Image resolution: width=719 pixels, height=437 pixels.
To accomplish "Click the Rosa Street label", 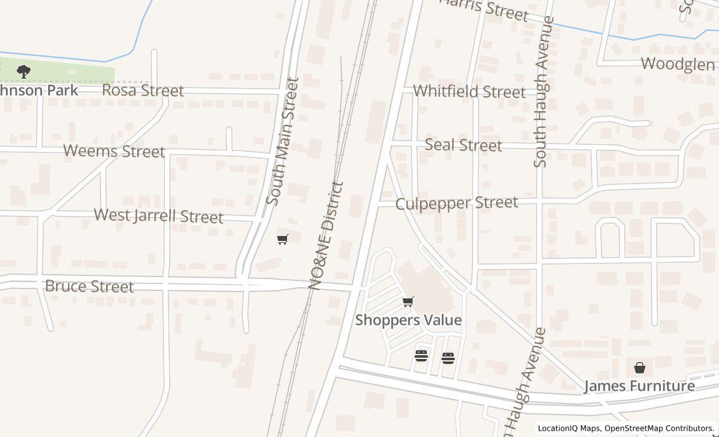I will [143, 91].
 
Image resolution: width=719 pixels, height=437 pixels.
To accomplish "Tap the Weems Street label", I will [114, 151].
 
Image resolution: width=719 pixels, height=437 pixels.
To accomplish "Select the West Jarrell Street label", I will [159, 216].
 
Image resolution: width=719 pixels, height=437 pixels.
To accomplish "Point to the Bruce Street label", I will [89, 287].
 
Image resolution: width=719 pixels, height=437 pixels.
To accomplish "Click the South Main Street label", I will [283, 141].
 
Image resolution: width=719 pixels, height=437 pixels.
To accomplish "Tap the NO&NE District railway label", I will [326, 235].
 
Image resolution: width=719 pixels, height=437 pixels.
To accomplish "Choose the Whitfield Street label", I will [469, 92].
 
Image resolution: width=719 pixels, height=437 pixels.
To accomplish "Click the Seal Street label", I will [463, 145].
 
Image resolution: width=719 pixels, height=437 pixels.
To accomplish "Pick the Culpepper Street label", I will [457, 204].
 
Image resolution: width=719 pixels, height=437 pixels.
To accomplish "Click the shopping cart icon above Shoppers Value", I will [408, 302].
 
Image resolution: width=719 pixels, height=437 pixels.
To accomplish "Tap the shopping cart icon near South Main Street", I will [283, 239].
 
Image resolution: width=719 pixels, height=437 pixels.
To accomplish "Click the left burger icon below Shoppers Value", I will [421, 356].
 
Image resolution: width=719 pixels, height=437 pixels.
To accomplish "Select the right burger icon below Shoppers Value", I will [448, 358].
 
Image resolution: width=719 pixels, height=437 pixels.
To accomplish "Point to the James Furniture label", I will [639, 386].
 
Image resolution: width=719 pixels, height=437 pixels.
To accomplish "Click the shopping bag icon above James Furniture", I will [640, 368].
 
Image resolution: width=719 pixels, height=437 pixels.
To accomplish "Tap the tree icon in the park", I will [24, 71].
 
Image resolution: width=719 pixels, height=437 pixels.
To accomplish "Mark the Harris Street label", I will [484, 9].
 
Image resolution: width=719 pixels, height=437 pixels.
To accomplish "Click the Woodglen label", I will [678, 64].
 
